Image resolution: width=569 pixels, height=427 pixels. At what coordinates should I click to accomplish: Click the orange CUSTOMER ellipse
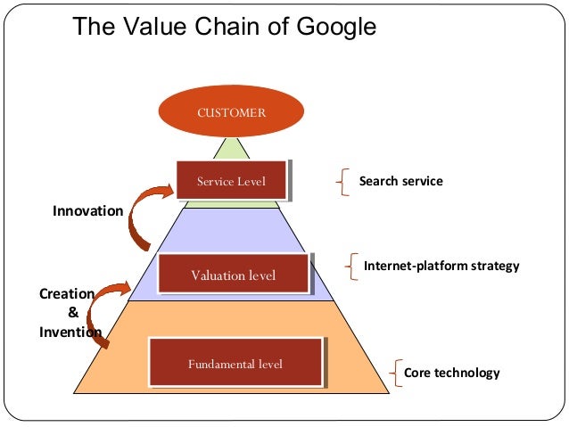click(x=232, y=113)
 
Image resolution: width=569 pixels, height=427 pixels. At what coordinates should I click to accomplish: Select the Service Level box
click(x=232, y=182)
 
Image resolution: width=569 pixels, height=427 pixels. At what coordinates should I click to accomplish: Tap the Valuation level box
click(x=233, y=275)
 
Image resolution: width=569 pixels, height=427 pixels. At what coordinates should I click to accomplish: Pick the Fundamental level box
click(x=235, y=363)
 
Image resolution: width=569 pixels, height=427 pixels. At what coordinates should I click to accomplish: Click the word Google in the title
click(x=331, y=27)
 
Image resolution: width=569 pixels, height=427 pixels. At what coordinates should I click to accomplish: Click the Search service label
click(x=400, y=181)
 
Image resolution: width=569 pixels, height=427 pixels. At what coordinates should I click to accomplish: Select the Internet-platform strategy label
click(x=441, y=266)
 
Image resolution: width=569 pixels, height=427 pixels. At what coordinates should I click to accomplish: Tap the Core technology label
click(x=452, y=373)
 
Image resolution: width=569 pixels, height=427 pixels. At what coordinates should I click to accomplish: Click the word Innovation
click(x=87, y=211)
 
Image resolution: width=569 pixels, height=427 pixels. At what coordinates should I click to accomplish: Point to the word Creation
click(x=66, y=293)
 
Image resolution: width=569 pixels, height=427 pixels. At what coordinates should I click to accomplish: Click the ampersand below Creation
click(x=72, y=313)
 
